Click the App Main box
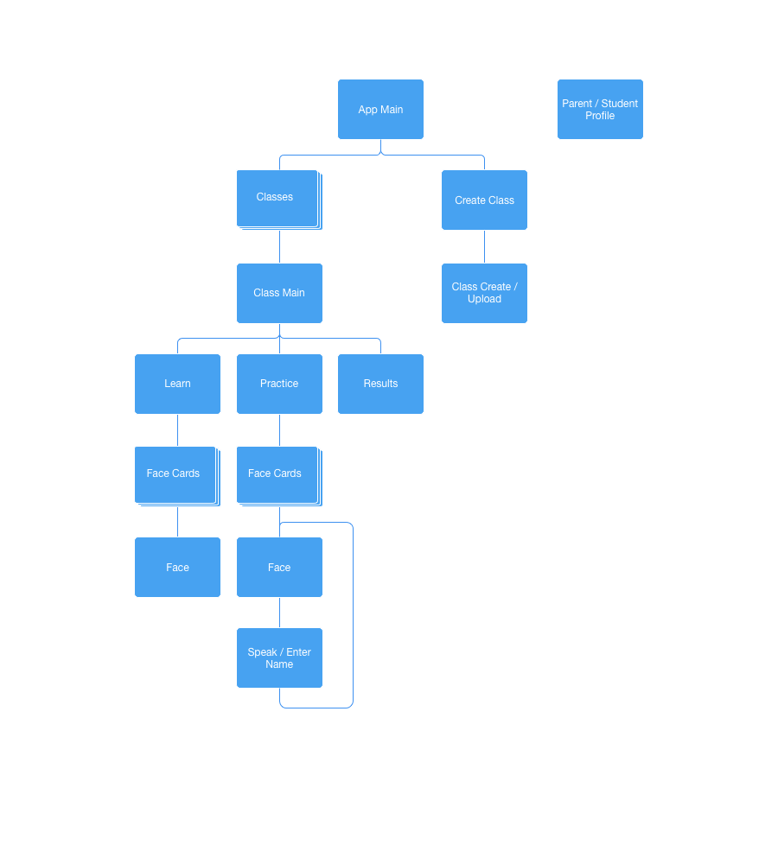[x=380, y=110]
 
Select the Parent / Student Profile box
[x=600, y=110]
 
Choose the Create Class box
[x=484, y=200]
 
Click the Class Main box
[x=279, y=293]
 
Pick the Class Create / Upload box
[x=484, y=293]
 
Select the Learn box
[x=177, y=384]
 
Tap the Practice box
[x=279, y=384]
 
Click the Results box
[x=380, y=384]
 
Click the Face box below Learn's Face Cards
[x=177, y=568]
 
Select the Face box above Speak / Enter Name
[x=279, y=568]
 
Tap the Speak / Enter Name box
[x=279, y=658]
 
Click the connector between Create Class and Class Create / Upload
[x=484, y=247]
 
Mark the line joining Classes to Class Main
[x=279, y=247]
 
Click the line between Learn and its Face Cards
[x=177, y=430]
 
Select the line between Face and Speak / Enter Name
[x=279, y=613]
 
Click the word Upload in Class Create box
[x=484, y=299]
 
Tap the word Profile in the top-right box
[x=600, y=116]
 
